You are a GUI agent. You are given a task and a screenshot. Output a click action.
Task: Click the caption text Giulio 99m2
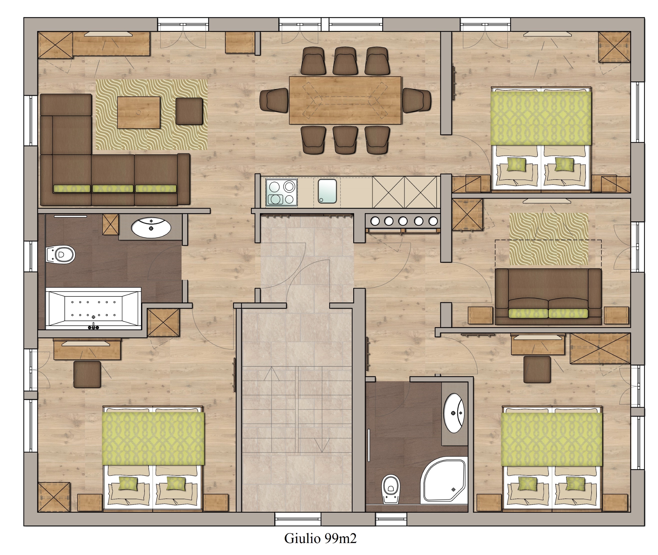(320, 538)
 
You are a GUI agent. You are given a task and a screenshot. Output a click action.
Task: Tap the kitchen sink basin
(327, 191)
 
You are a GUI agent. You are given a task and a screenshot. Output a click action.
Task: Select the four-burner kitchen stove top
(281, 192)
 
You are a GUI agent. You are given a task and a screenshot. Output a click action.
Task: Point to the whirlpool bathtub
(93, 308)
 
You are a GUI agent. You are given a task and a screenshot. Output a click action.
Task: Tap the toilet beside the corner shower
(391, 489)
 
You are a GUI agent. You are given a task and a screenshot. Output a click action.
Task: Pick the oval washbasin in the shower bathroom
(453, 413)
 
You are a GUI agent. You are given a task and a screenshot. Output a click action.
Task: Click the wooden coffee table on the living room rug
(139, 112)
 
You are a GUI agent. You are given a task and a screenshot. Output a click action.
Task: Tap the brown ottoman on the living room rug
(189, 111)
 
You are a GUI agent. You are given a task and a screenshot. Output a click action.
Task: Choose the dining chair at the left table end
(274, 100)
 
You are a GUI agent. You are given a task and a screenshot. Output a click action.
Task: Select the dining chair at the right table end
(417, 100)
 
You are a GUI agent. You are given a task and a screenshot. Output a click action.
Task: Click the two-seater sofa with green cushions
(548, 296)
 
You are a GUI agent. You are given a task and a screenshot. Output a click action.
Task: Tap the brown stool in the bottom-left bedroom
(87, 374)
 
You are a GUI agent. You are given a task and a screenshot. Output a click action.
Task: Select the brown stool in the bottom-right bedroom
(537, 369)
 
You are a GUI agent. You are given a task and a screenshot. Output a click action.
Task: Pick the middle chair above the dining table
(345, 61)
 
